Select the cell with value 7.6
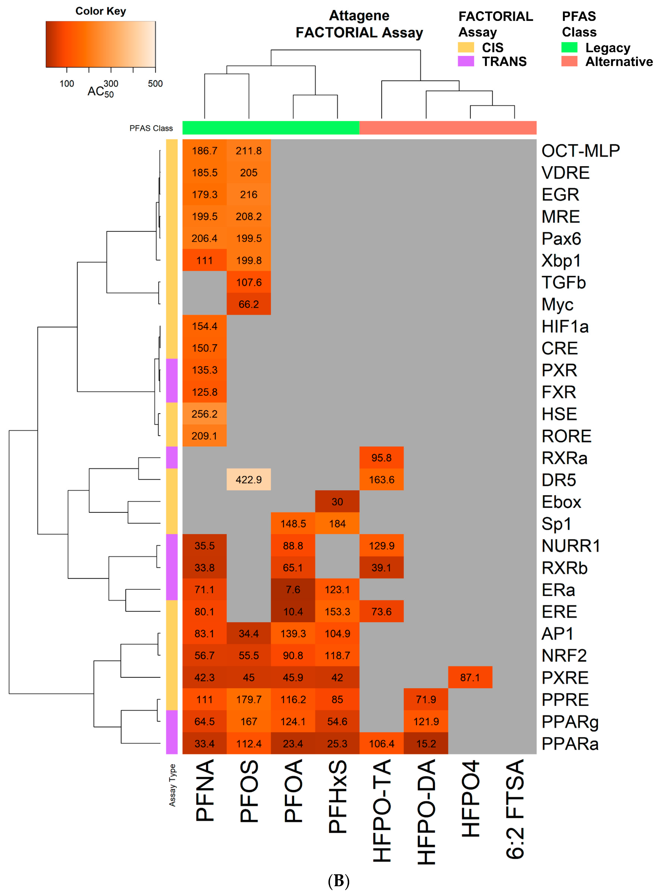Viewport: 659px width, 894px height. [x=293, y=589]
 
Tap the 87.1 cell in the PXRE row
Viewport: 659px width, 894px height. [x=470, y=677]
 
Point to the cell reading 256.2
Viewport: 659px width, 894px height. [x=204, y=414]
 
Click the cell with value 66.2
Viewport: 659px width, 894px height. [x=248, y=304]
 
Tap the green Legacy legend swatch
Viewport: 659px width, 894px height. [x=569, y=47]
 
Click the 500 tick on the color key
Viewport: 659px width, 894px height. [x=155, y=83]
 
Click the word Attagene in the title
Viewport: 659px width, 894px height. [x=359, y=16]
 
